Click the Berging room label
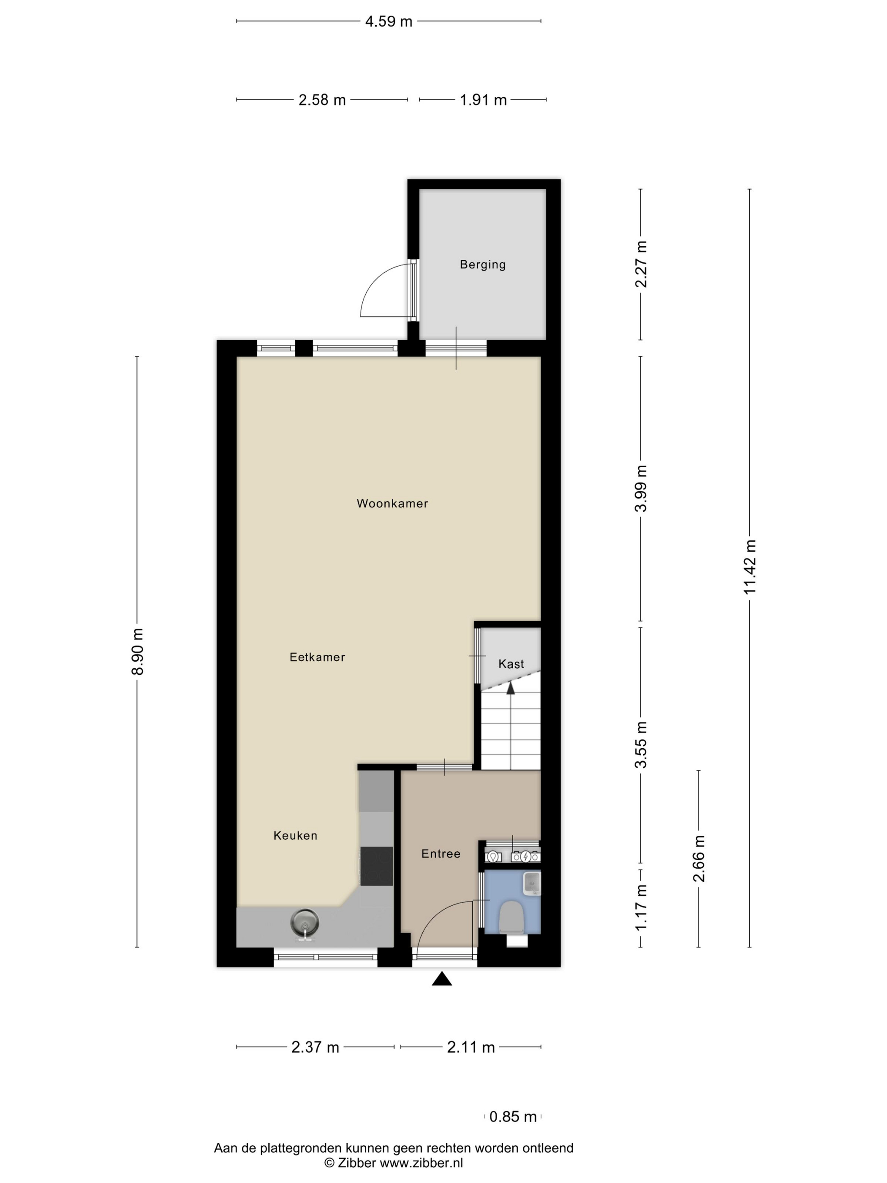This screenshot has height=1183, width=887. pos(482,264)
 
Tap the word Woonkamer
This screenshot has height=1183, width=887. pos(392,503)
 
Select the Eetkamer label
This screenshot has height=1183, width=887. pos(317,657)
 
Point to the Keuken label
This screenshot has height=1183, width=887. pos(295,835)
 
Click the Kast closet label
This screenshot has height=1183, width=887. pos(511,664)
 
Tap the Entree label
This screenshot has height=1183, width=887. pos(441,853)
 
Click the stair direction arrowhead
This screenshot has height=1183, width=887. pos(511,688)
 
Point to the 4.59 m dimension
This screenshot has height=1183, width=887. pos(389,22)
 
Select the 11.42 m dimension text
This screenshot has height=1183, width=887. pos(750,567)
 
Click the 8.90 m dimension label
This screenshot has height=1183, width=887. pos(137,651)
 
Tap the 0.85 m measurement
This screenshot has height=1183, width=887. pos(512,1116)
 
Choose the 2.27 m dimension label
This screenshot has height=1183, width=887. pos(640,264)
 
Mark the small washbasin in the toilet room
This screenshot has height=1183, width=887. pos(531,883)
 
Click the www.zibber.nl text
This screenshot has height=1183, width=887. pos(421,1163)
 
